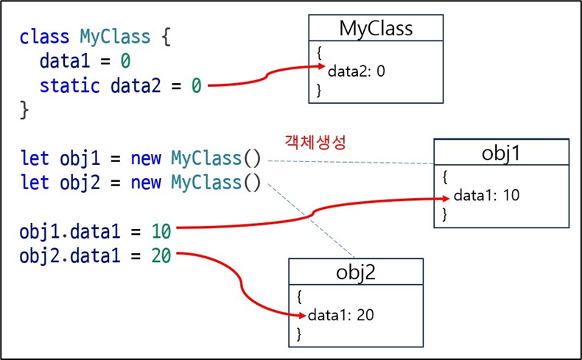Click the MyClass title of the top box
click(376, 28)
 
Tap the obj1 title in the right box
click(501, 152)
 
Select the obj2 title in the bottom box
click(355, 272)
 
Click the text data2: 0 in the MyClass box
click(357, 71)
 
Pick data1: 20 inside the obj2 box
click(340, 315)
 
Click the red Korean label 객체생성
click(315, 141)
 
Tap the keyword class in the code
click(44, 36)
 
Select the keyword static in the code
click(69, 85)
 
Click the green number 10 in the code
click(161, 231)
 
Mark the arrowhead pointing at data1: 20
click(301, 315)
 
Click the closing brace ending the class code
click(24, 110)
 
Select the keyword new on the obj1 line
click(146, 158)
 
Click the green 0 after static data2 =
click(196, 85)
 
